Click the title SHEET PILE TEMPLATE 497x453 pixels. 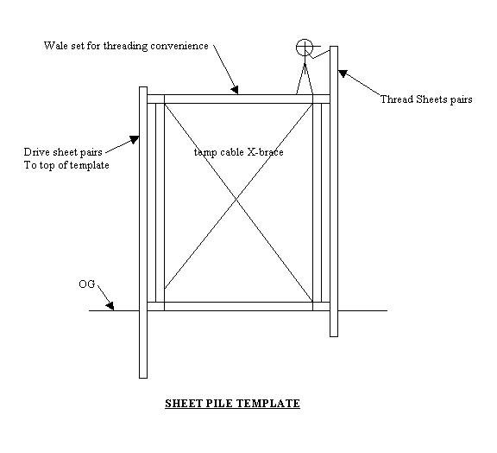coord(232,404)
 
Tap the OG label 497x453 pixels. coord(87,284)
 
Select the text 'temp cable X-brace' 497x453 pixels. coord(239,152)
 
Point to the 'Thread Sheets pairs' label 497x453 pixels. coord(426,99)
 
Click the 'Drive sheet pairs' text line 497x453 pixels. coord(63,152)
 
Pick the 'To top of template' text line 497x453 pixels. coord(66,165)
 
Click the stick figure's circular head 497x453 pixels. coord(305,48)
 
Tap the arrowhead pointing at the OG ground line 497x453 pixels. coord(110,305)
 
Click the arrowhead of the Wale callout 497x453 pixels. coord(235,90)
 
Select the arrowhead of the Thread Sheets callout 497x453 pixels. coord(343,73)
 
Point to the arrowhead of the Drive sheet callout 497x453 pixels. coord(135,139)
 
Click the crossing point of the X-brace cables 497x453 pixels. coord(236,199)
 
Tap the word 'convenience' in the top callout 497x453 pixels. coord(179,46)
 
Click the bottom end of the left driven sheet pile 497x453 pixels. coord(143,378)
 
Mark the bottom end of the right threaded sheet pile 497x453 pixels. coord(334,336)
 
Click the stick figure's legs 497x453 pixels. coord(305,79)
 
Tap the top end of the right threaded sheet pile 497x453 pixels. coord(334,47)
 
